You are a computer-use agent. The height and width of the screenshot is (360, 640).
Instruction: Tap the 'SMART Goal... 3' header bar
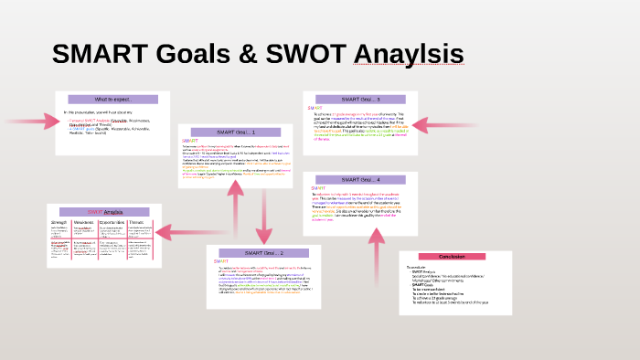360,99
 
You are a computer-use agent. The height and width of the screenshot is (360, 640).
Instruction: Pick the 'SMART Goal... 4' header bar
360,179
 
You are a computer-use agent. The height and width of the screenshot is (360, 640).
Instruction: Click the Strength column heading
59,221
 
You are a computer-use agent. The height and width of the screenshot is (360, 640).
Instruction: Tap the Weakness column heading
85,221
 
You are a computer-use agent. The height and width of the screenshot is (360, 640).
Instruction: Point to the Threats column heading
136,221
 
